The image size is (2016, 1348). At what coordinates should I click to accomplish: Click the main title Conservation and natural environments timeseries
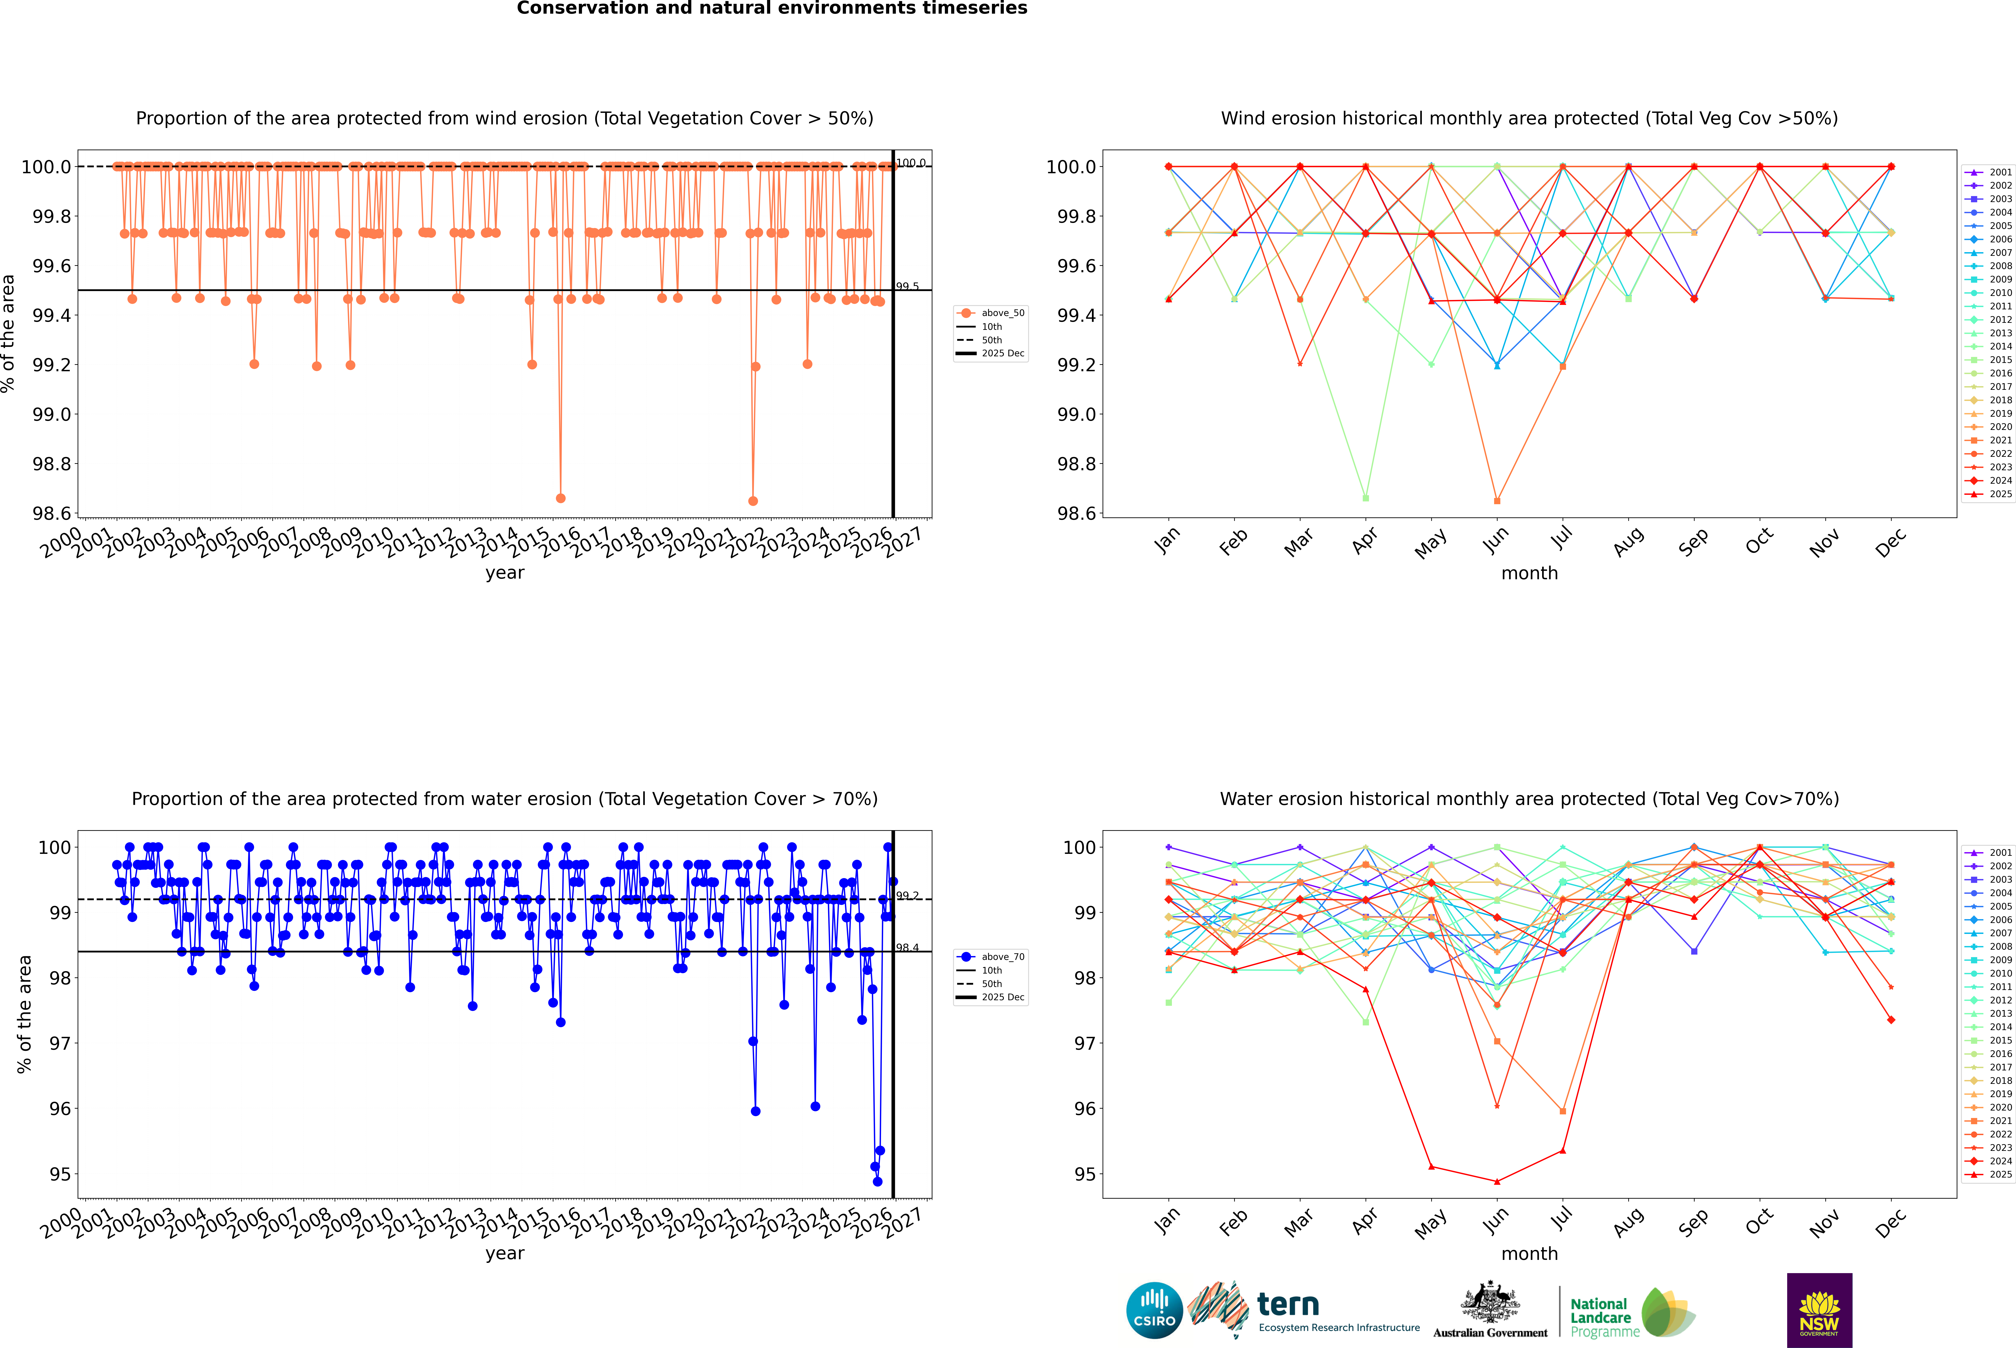(x=772, y=9)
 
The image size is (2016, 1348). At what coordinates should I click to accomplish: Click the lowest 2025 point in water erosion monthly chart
(x=1497, y=1181)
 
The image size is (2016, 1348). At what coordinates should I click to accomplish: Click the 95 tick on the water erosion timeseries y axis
(x=60, y=1174)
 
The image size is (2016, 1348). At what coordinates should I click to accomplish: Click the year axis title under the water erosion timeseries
(x=504, y=1253)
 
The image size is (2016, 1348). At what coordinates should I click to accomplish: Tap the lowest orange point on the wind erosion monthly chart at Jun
(x=1497, y=500)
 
